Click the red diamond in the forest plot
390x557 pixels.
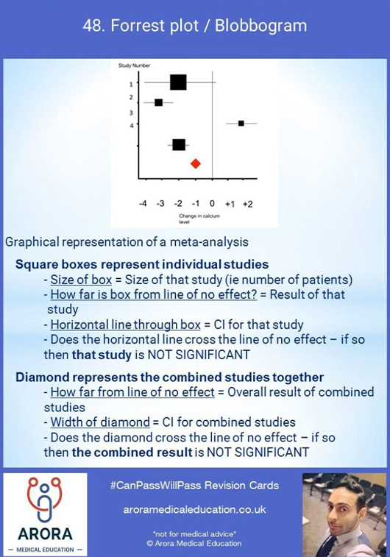(x=196, y=163)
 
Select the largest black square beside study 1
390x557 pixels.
(x=178, y=82)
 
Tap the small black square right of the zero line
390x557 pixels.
(x=241, y=124)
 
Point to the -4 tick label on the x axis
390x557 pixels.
(x=143, y=204)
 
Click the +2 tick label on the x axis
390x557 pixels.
(x=247, y=205)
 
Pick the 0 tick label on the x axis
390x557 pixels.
(x=212, y=204)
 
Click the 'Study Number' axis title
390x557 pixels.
(x=134, y=65)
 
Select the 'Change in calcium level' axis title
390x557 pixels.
(x=199, y=219)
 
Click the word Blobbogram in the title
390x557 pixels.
(x=260, y=26)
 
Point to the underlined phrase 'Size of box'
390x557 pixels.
(x=81, y=280)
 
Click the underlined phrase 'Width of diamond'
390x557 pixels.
(x=100, y=422)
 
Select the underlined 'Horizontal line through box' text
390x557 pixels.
(x=126, y=324)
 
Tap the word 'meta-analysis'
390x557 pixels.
(x=209, y=242)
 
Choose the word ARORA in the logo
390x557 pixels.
(x=45, y=534)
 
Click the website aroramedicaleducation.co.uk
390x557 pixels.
(x=195, y=510)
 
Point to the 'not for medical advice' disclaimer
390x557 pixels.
(x=194, y=534)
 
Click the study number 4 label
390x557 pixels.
(x=132, y=125)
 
